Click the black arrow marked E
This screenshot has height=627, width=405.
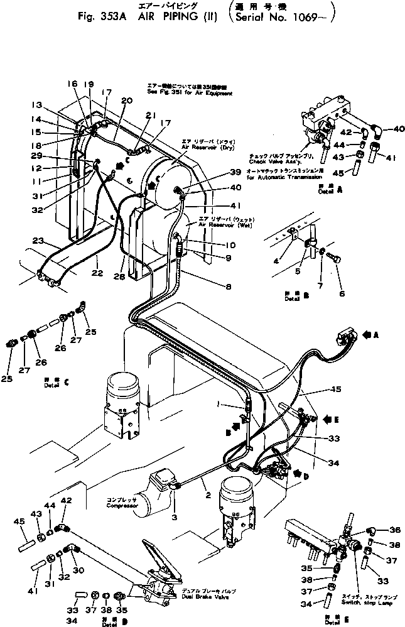click(x=333, y=417)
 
